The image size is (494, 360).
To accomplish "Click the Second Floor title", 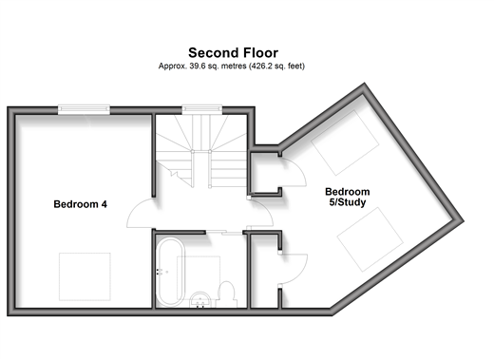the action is [x=234, y=53].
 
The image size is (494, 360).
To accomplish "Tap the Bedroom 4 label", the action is [x=81, y=204].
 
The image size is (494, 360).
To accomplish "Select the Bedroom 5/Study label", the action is [x=348, y=197].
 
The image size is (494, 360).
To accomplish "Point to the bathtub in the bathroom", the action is [x=171, y=273].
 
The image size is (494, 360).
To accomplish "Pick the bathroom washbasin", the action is [x=200, y=299].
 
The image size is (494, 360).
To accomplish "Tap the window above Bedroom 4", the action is [x=84, y=109].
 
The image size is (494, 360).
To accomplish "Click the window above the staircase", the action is [x=202, y=109].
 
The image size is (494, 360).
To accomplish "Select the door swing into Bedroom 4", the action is [x=140, y=214].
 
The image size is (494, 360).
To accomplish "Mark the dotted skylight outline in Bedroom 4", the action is [x=85, y=276].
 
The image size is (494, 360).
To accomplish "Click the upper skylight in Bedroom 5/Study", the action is [x=345, y=142].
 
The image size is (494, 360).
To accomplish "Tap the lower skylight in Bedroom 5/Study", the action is [x=370, y=239].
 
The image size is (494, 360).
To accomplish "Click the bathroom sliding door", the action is [x=224, y=233].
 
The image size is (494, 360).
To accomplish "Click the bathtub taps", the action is [x=161, y=272].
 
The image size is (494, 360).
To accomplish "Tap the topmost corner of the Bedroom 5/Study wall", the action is [x=365, y=84].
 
